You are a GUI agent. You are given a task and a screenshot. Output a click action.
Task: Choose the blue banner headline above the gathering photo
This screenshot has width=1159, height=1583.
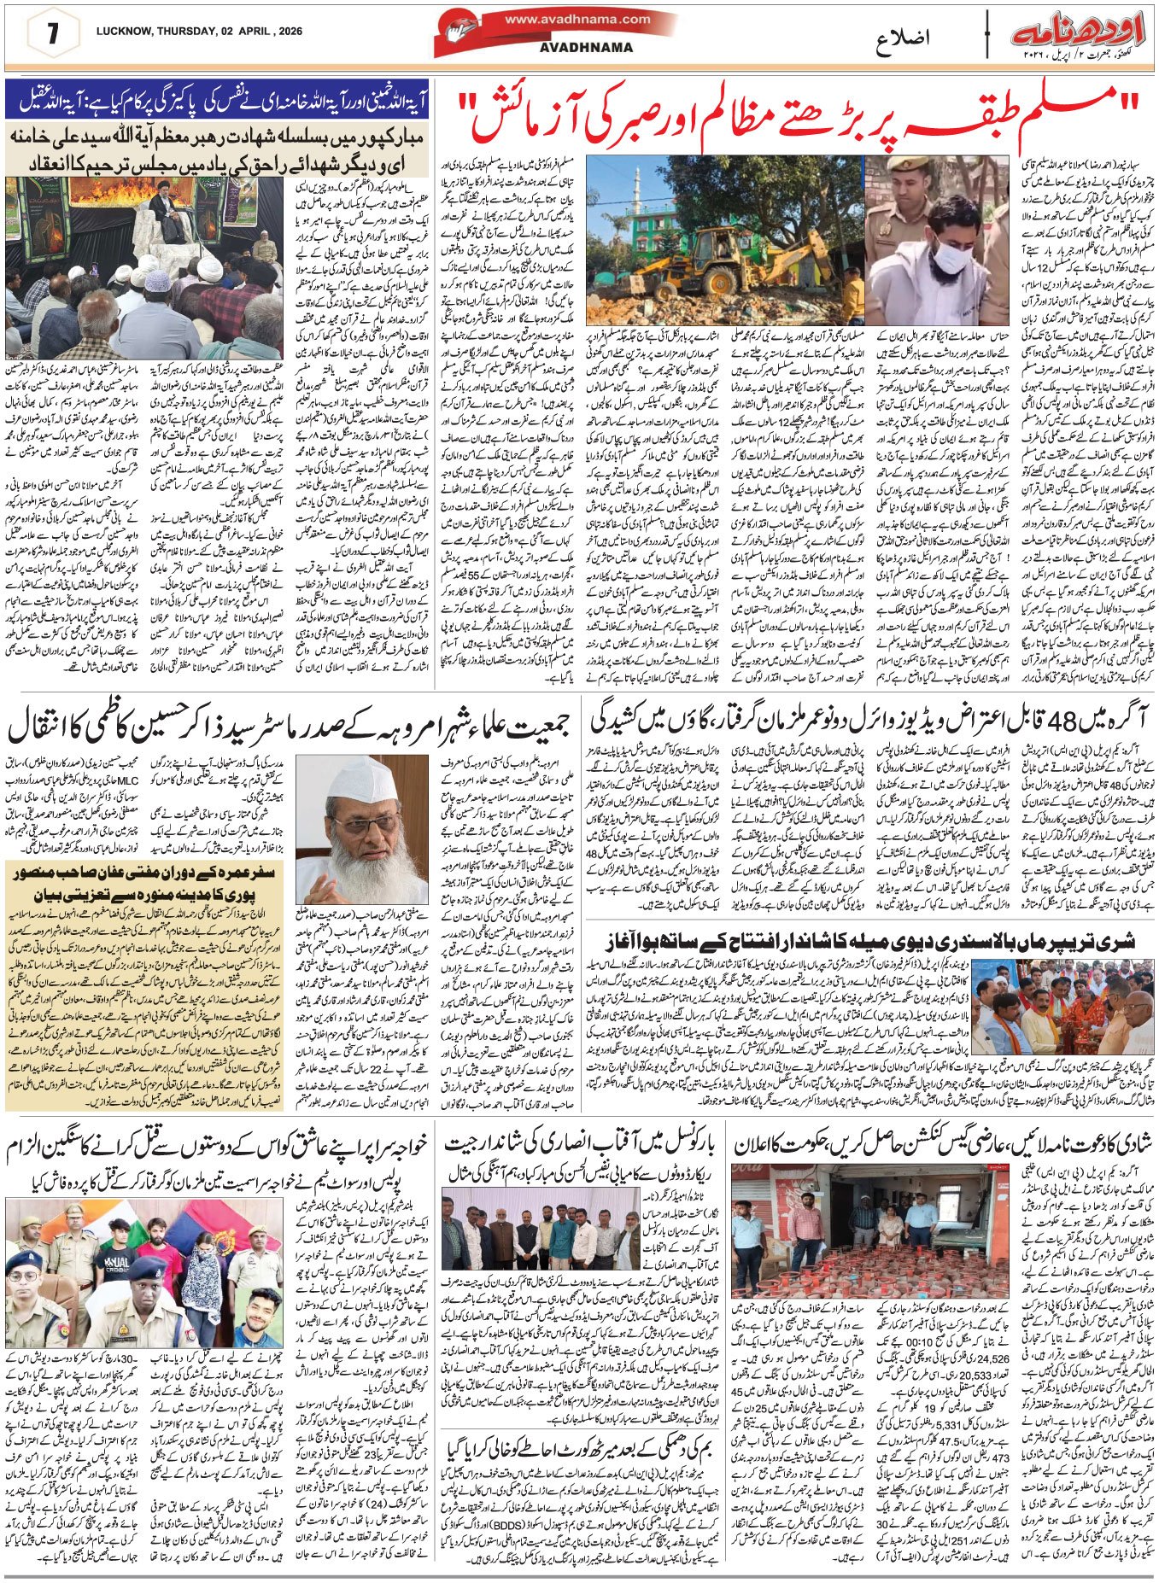(218, 101)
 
